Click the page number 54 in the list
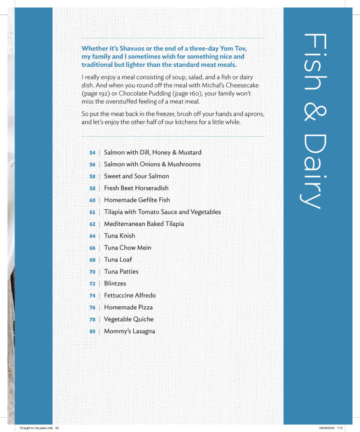(x=92, y=153)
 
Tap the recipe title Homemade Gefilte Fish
(x=137, y=200)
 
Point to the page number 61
(x=92, y=212)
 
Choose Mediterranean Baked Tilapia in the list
(x=144, y=224)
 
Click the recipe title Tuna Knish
(x=119, y=236)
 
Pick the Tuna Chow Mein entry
(x=127, y=248)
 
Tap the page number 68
(x=92, y=260)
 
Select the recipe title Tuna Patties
(x=121, y=272)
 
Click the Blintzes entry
(x=115, y=283)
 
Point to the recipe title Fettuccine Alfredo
(x=130, y=295)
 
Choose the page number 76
(x=92, y=308)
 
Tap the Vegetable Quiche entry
(x=129, y=319)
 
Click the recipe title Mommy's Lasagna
(x=129, y=331)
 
